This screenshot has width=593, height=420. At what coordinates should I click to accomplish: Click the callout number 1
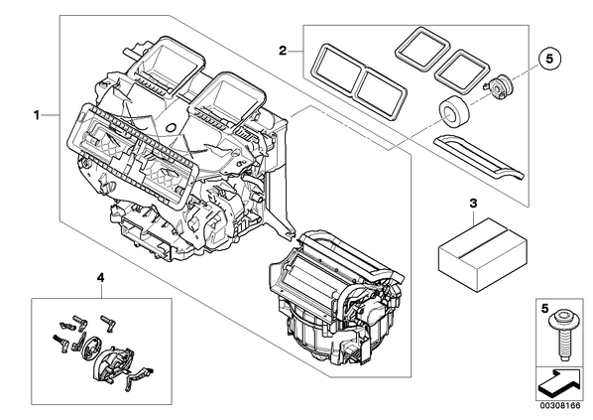pos(37,115)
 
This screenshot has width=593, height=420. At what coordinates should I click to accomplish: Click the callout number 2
pos(283,51)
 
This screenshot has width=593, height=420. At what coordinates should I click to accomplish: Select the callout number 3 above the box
pos(473,204)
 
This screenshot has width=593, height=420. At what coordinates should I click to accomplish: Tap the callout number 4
pos(100,278)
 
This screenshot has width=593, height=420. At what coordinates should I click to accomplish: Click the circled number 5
pos(549,59)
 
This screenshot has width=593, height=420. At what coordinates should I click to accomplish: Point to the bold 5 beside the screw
pos(544,309)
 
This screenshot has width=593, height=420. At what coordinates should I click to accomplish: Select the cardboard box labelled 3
pos(483,252)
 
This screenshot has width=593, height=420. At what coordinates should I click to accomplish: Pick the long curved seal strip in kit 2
pos(479,157)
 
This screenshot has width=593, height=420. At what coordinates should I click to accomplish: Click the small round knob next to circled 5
pos(500,83)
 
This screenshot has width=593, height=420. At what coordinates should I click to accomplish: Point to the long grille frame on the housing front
pos(132,153)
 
